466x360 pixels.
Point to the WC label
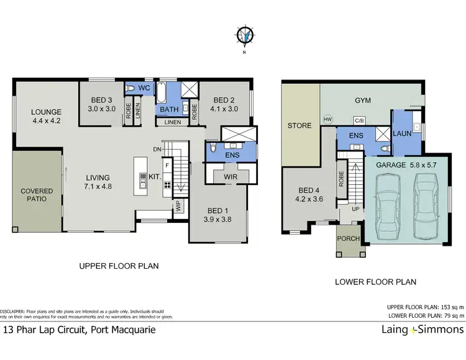pos(144,89)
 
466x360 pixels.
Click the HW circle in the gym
pos(327,119)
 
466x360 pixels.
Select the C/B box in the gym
pos(359,120)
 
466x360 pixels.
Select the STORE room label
pos(299,126)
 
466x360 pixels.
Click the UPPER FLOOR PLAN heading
pos(119,266)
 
